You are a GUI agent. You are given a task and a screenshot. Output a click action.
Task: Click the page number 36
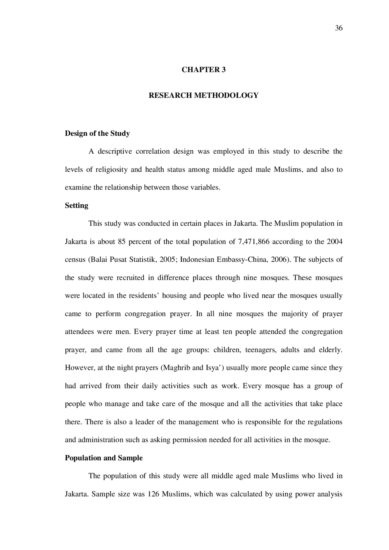click(339, 28)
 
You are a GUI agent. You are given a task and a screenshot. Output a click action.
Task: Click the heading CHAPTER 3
click(203, 70)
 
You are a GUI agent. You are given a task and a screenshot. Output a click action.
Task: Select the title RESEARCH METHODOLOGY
click(203, 95)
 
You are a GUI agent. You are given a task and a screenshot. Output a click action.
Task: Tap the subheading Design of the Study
click(97, 134)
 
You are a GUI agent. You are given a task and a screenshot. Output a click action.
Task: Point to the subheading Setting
click(77, 206)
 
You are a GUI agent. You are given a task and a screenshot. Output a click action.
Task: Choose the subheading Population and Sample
click(104, 458)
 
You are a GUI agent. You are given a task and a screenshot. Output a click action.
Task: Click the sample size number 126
click(153, 494)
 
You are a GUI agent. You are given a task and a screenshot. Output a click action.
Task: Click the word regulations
click(325, 422)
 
